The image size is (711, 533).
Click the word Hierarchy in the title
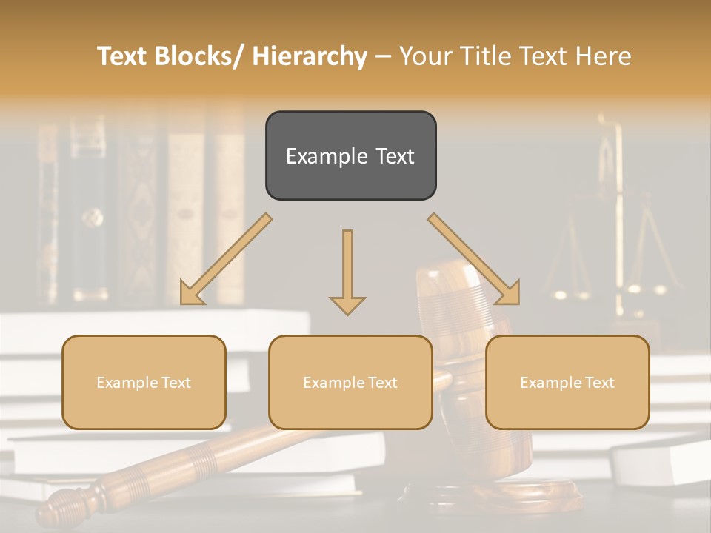point(310,56)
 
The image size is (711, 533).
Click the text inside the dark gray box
point(350,156)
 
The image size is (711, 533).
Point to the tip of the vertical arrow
point(347,313)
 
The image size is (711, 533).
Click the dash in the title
point(383,56)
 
